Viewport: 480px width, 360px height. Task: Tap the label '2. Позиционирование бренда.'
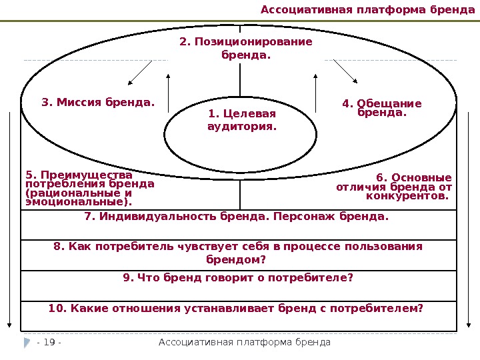tap(245, 48)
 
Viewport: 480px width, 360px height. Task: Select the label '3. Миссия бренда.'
tap(97, 103)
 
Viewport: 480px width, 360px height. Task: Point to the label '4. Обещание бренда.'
tap(381, 108)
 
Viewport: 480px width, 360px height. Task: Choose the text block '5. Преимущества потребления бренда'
tap(89, 189)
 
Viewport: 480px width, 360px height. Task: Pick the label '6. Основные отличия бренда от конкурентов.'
tap(395, 187)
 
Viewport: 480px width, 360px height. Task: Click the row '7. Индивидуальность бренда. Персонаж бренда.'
tap(237, 217)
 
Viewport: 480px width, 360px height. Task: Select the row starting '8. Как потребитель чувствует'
tap(238, 253)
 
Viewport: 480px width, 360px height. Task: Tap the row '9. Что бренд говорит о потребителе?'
tap(238, 278)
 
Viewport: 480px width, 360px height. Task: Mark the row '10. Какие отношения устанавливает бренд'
tap(236, 309)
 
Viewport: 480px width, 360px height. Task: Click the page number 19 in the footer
tap(49, 342)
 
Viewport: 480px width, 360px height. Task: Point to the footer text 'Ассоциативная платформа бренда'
tap(245, 342)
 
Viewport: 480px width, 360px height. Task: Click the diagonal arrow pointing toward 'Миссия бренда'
tap(139, 73)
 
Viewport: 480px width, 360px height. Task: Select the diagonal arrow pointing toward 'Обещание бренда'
tap(345, 72)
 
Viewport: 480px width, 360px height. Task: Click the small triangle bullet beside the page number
tap(27, 342)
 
